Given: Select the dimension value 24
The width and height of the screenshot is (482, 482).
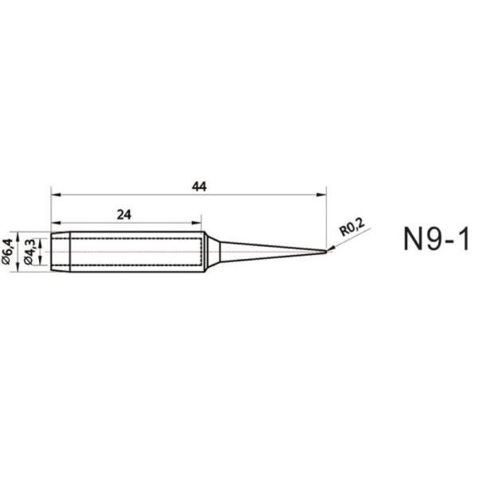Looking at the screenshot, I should coord(123,214).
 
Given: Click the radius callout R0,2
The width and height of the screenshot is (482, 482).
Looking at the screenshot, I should coord(351,229).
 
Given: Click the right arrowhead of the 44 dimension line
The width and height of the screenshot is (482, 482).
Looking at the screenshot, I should coord(323,193).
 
